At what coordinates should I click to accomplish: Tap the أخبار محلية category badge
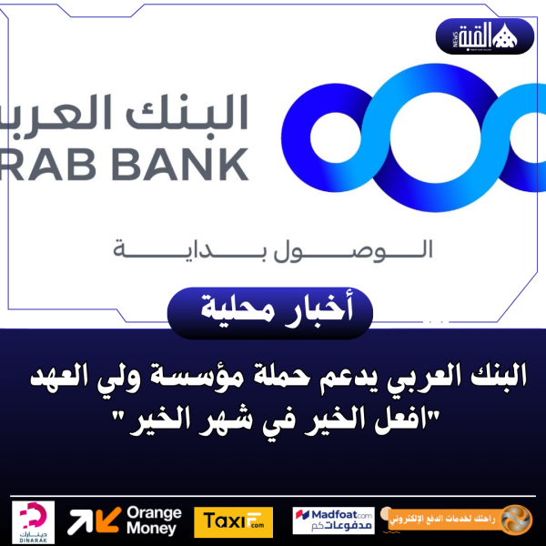pyautogui.click(x=272, y=310)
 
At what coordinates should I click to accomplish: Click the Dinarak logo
pyautogui.click(x=33, y=521)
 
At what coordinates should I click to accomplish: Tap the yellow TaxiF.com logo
pyautogui.click(x=227, y=521)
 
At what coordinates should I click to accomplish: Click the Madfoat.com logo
pyautogui.click(x=333, y=521)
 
